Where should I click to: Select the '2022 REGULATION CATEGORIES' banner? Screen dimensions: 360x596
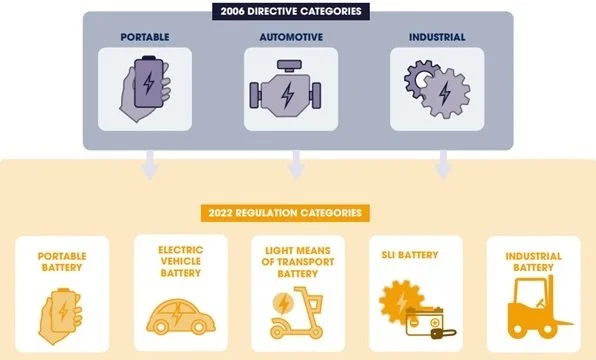tap(289, 213)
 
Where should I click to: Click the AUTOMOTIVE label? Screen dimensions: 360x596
tap(288, 38)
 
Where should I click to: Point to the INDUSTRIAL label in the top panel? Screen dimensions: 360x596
tap(436, 38)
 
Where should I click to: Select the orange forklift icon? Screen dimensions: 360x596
tap(531, 309)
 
